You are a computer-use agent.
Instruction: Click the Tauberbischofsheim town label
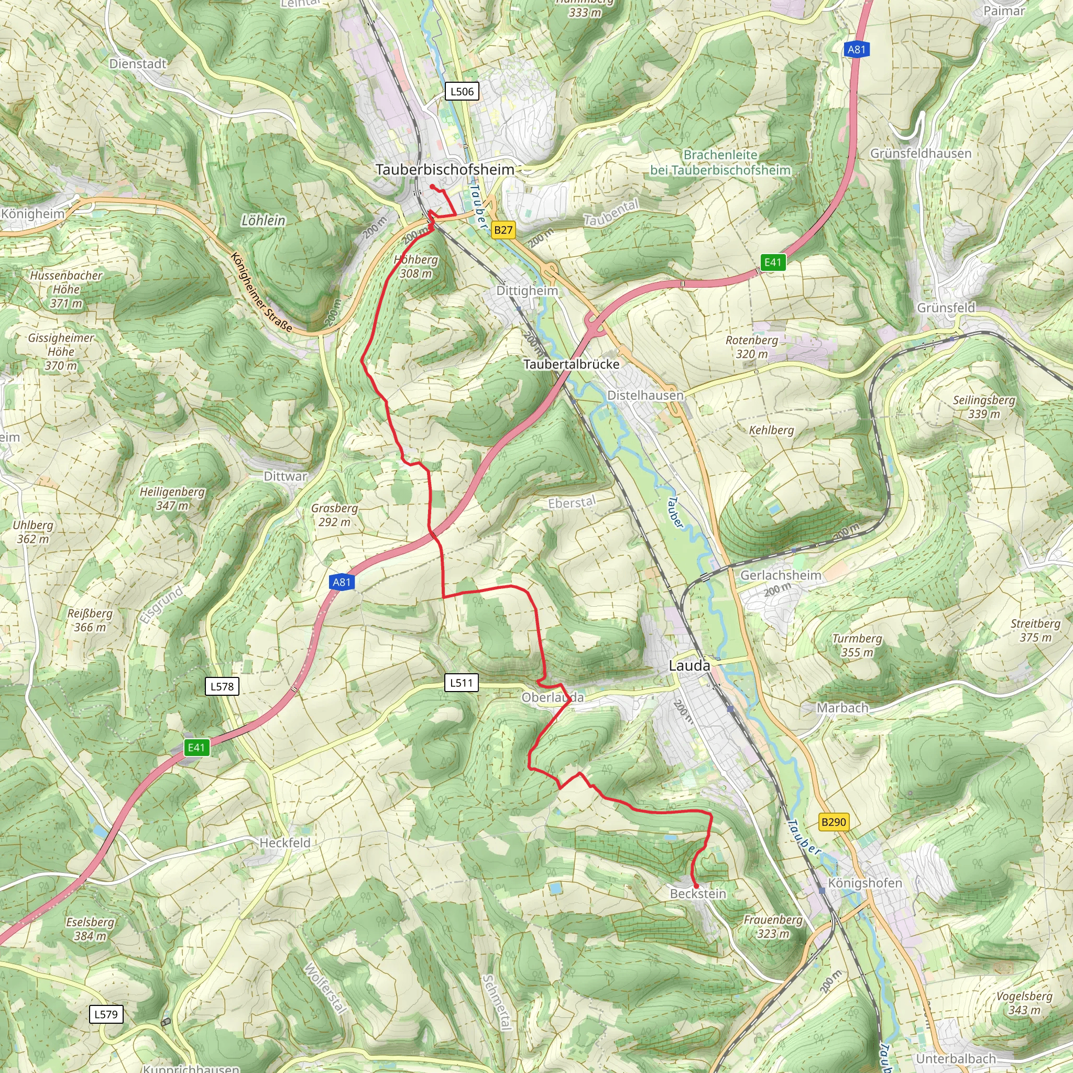click(445, 169)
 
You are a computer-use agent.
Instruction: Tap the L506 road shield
click(462, 91)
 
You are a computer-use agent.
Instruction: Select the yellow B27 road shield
click(503, 230)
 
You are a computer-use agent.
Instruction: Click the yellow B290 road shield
click(834, 822)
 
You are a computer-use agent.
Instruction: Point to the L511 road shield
click(461, 683)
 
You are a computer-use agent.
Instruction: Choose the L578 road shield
click(222, 686)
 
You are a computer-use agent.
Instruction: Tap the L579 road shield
click(106, 1015)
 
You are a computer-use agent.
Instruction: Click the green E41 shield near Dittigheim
click(773, 262)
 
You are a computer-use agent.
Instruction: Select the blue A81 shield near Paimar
click(857, 49)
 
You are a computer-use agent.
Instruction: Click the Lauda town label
click(689, 665)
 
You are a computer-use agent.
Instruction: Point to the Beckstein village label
click(698, 894)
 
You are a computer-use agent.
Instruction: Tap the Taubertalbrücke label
click(572, 364)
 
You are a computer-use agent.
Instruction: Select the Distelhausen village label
click(645, 396)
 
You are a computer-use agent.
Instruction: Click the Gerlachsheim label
click(781, 575)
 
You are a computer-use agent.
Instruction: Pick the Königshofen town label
click(864, 883)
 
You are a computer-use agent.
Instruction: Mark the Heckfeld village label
click(285, 842)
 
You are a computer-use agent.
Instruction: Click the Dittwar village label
click(286, 476)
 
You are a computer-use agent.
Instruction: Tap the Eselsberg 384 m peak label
click(90, 928)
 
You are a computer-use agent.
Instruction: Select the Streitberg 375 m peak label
click(1035, 630)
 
